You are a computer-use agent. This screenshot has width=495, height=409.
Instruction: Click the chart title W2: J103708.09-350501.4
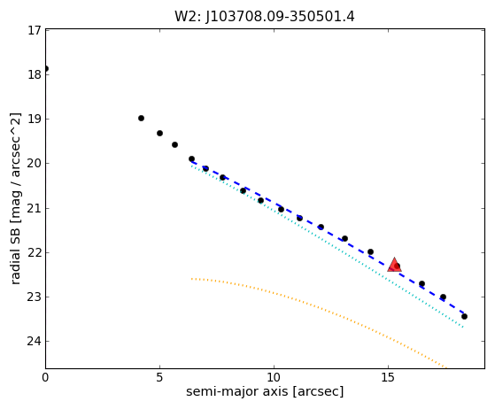[x=265, y=17]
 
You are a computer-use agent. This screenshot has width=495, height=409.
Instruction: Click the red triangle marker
[x=394, y=265]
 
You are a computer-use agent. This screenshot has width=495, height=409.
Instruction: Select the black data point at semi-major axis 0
[x=46, y=68]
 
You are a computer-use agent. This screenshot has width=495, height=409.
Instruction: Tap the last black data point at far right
[x=464, y=316]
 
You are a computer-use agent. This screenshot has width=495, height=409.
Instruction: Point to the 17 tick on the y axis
[x=35, y=31]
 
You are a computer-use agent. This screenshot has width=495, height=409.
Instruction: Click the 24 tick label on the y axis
[x=35, y=341]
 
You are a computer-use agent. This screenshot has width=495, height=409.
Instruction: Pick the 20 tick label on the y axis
[x=35, y=164]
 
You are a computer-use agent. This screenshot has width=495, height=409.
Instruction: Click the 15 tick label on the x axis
[x=388, y=377]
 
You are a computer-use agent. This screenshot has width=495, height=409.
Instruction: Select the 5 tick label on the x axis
[x=159, y=377]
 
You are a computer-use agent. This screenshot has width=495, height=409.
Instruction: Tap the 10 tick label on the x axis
[x=274, y=377]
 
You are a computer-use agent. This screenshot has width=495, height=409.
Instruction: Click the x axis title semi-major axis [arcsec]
[x=265, y=391]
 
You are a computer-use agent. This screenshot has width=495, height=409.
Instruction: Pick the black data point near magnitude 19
[x=141, y=118]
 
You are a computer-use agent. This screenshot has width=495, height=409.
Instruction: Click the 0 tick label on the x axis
[x=45, y=377]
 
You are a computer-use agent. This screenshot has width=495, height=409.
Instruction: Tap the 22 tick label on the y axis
[x=35, y=252]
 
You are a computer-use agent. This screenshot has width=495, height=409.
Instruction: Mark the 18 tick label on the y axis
[x=35, y=74]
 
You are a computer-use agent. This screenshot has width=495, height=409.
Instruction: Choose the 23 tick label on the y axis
[x=35, y=297]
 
